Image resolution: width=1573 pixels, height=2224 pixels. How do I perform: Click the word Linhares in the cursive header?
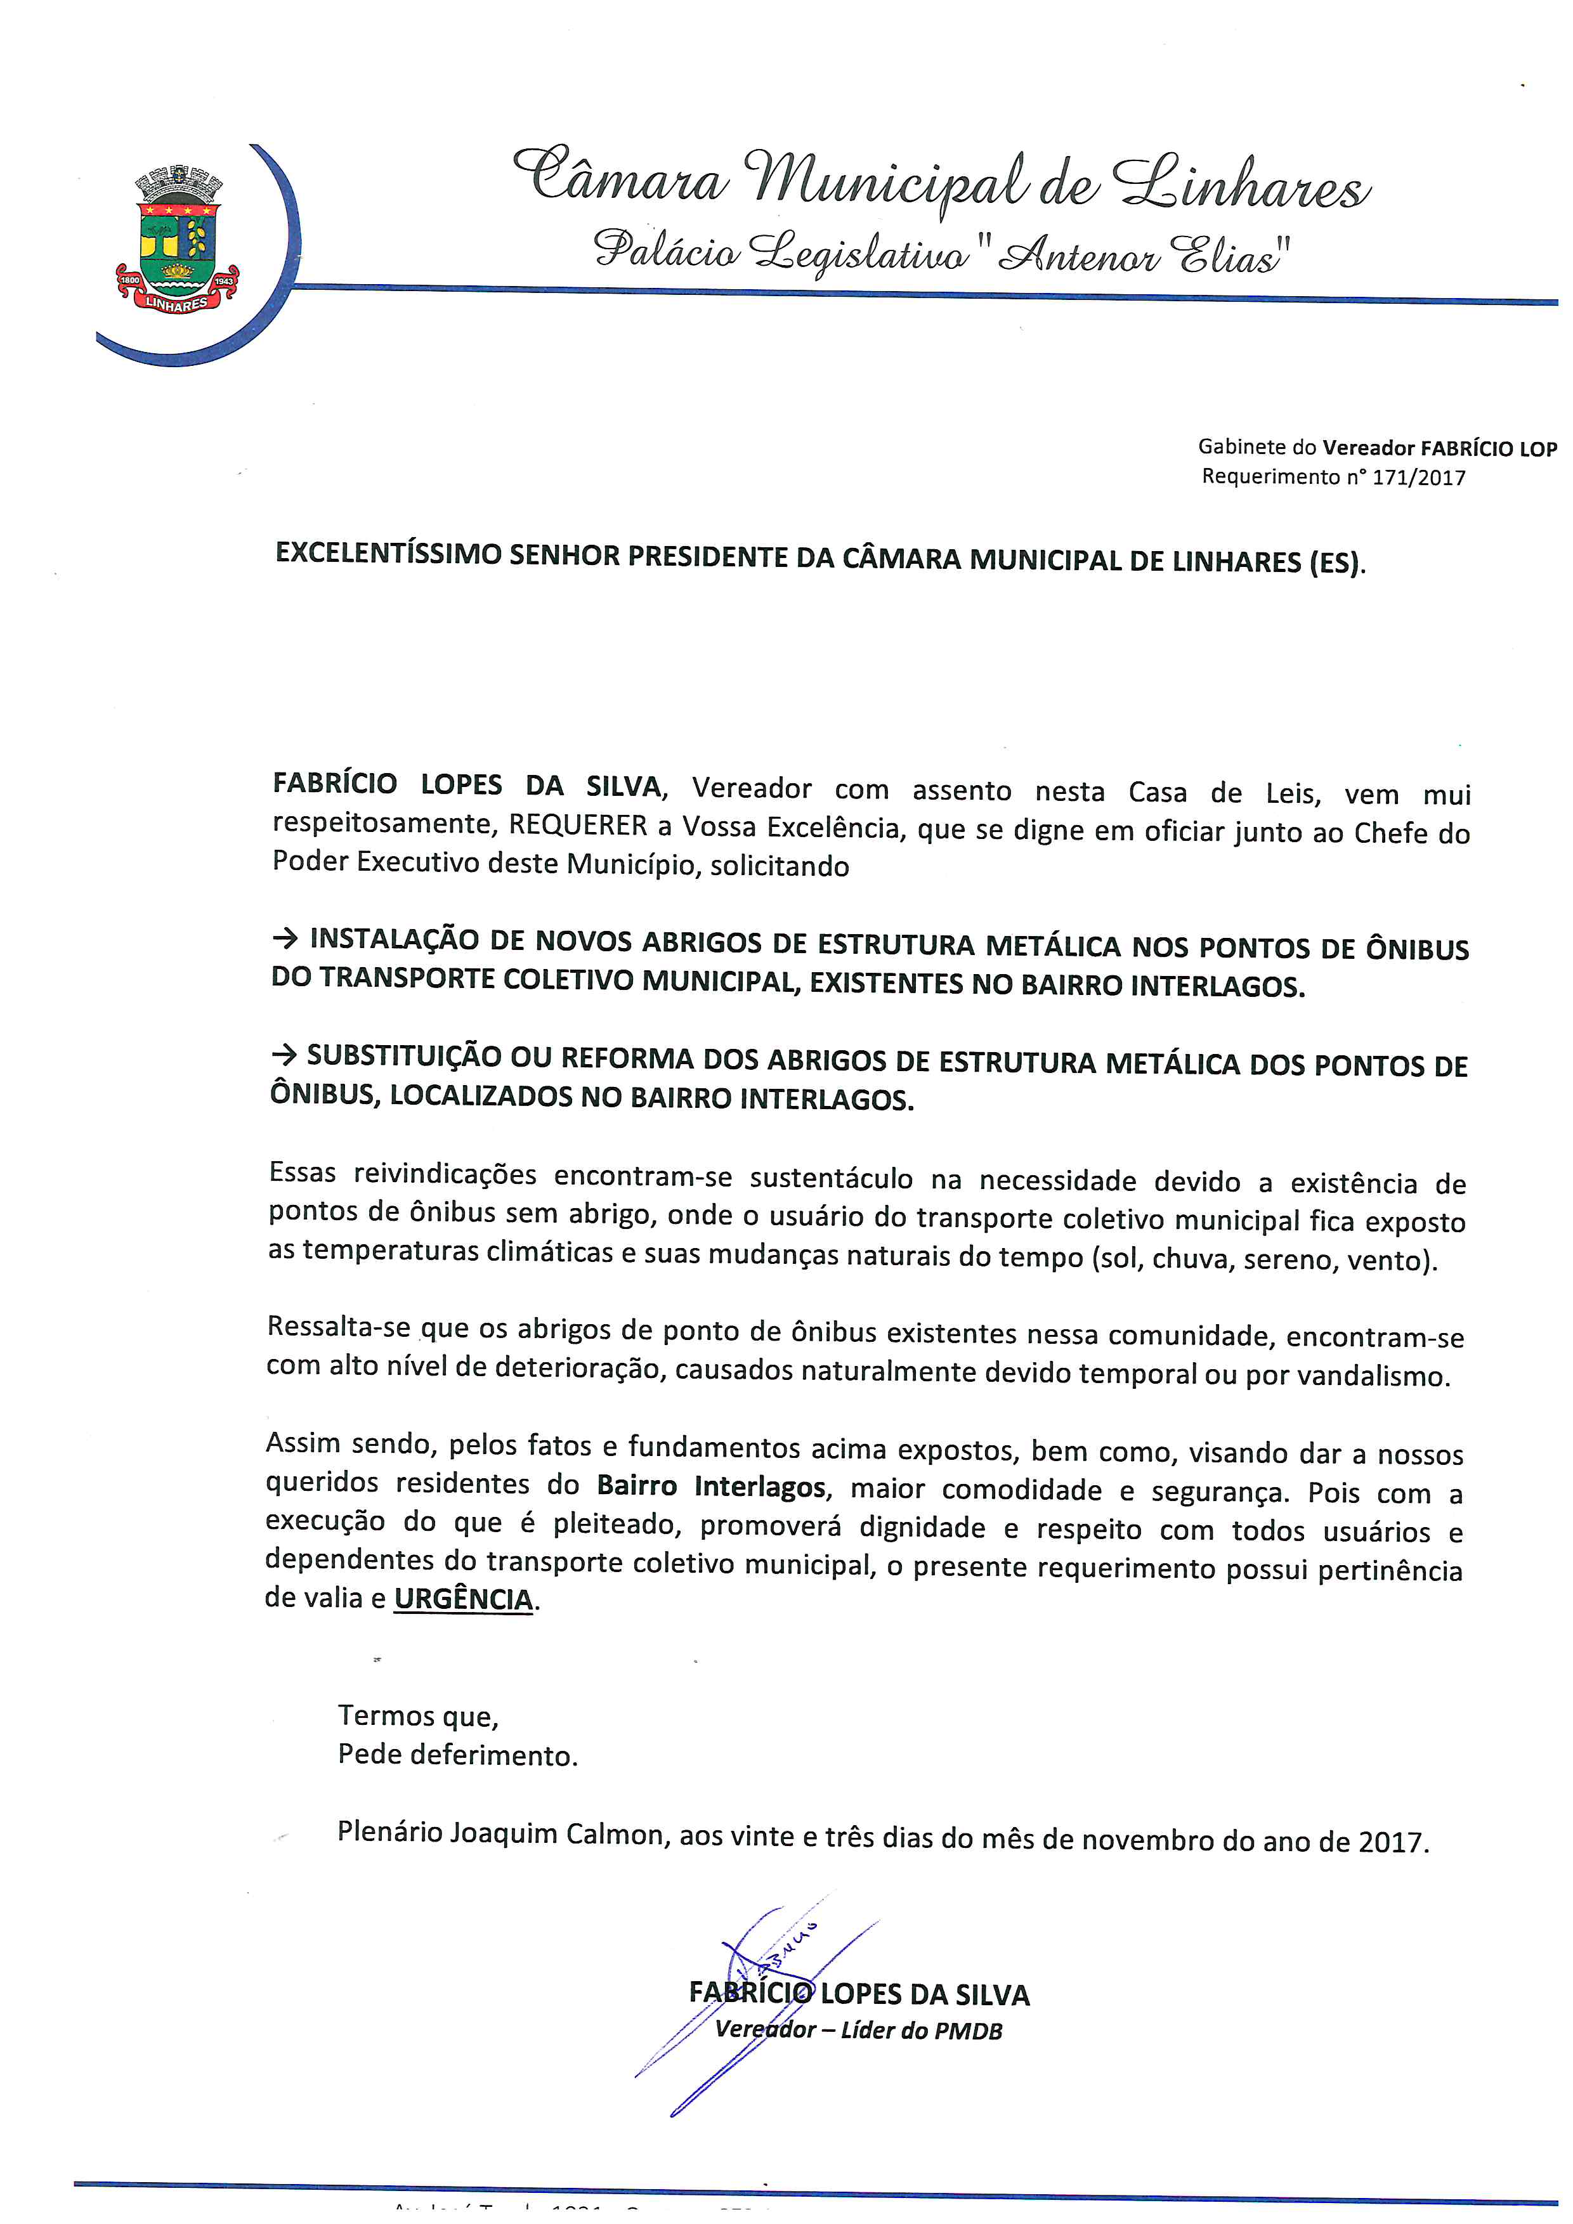pyautogui.click(x=1242, y=184)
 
